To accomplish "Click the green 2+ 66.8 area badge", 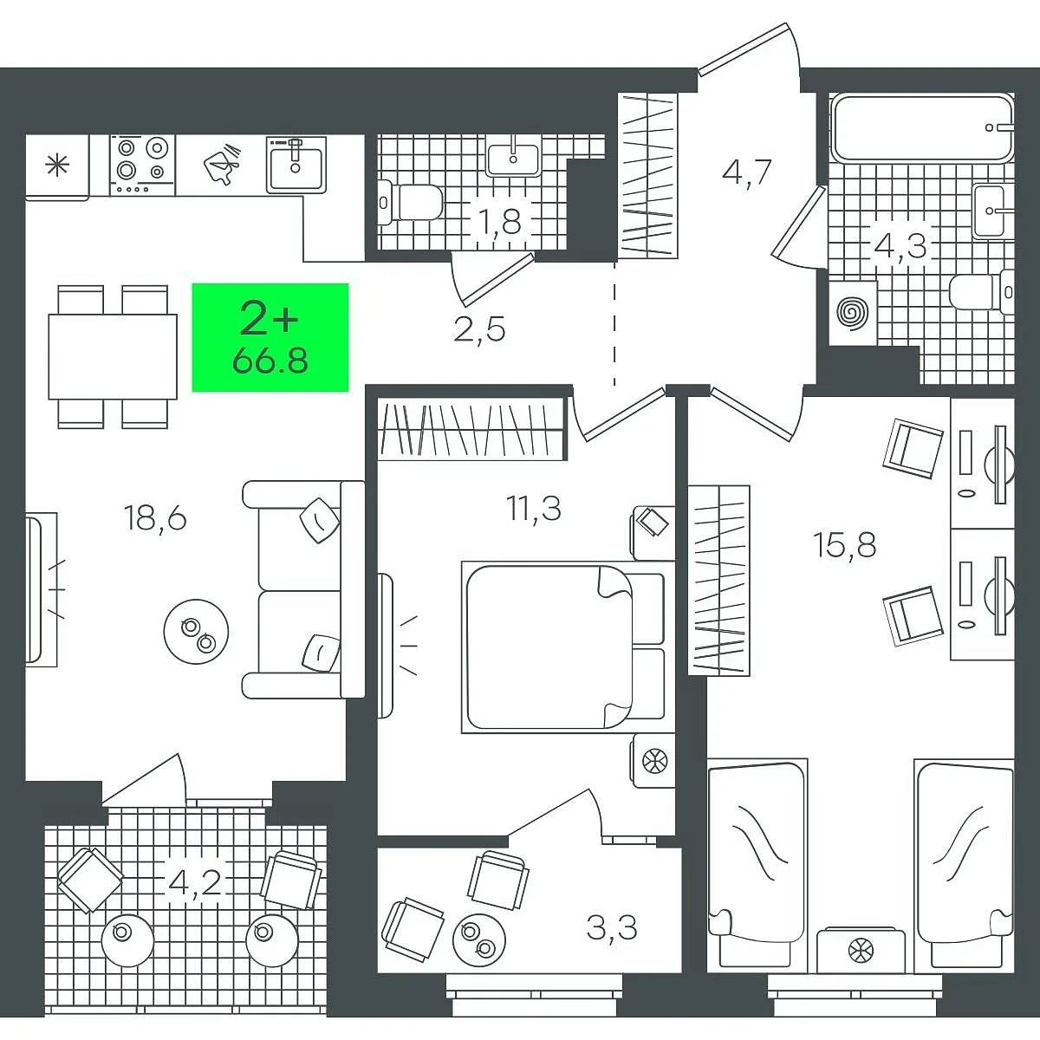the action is (x=270, y=337).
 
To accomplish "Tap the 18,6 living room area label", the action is (x=155, y=517).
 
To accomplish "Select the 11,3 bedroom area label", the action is (x=534, y=509).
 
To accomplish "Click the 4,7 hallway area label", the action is (x=747, y=172).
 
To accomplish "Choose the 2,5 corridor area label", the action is (x=480, y=328).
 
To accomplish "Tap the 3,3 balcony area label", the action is (x=612, y=928).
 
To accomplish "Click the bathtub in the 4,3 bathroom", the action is (x=921, y=128).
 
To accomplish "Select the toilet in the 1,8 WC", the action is (x=410, y=203).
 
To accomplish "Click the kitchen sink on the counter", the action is (x=296, y=164).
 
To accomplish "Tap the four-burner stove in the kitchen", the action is (x=142, y=164).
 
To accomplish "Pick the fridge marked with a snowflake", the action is (x=57, y=165).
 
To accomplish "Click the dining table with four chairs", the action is (x=113, y=356).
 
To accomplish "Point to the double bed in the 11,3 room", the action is (x=563, y=647).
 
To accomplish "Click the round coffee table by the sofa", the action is (x=197, y=632).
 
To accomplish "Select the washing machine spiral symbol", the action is (x=854, y=313).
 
